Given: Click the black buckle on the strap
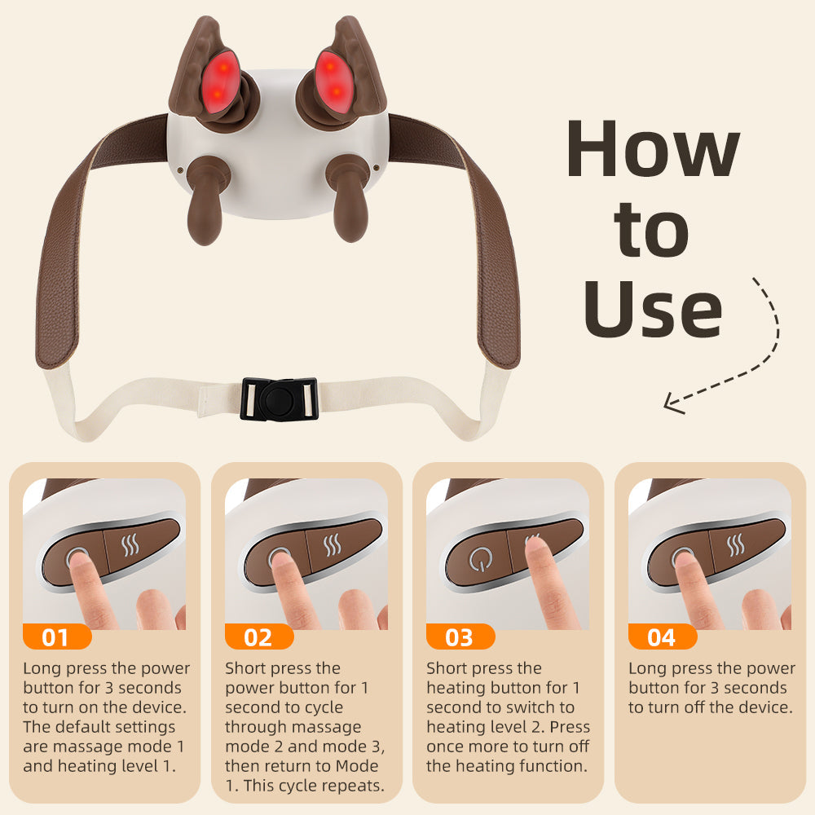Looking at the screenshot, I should pyautogui.click(x=278, y=399).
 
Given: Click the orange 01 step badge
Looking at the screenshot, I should pyautogui.click(x=55, y=637).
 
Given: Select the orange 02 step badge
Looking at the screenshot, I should pyautogui.click(x=258, y=637).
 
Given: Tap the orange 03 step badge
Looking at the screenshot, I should pyautogui.click(x=460, y=637).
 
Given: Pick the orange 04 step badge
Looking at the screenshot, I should pyautogui.click(x=662, y=637).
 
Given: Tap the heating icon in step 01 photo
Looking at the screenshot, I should pyautogui.click(x=130, y=544).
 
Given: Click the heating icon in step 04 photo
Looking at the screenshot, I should pyautogui.click(x=737, y=544).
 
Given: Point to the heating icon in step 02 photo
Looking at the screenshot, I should pyautogui.click(x=333, y=544).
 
